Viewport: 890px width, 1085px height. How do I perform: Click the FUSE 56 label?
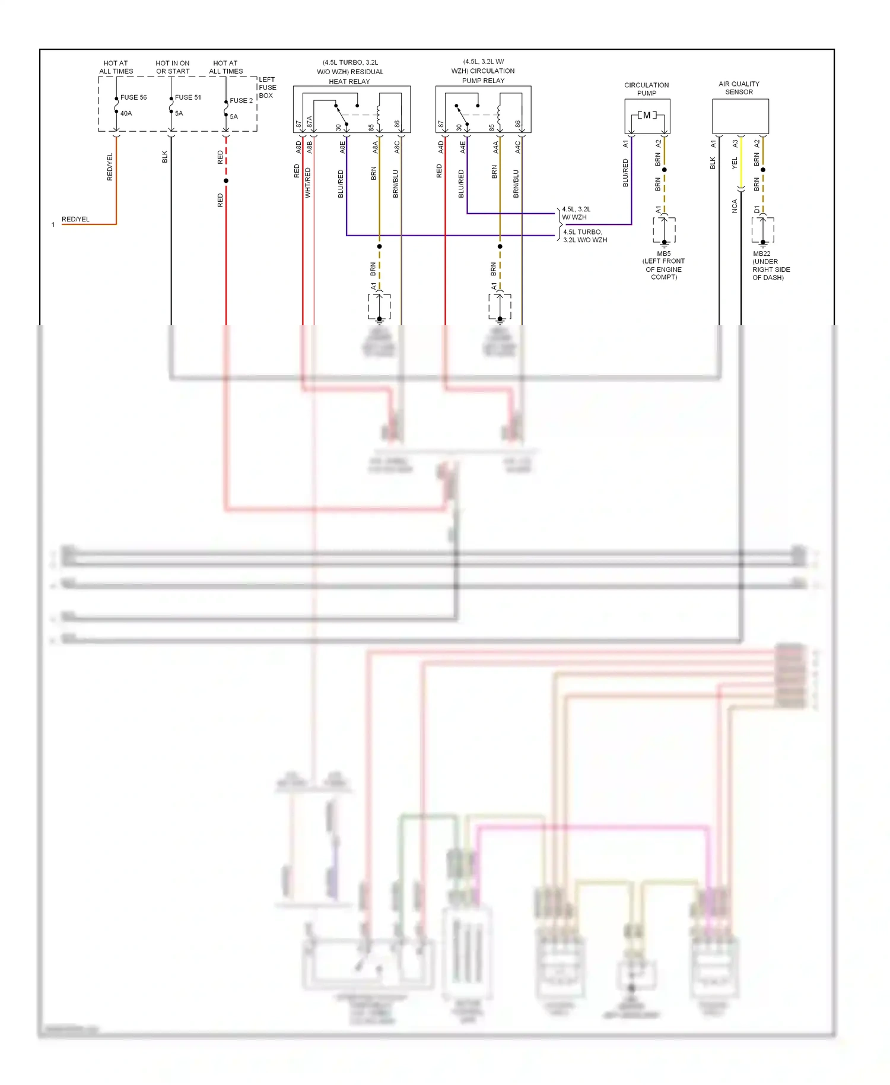(133, 97)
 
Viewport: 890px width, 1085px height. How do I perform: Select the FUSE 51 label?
(188, 97)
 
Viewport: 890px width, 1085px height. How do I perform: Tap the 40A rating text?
(126, 113)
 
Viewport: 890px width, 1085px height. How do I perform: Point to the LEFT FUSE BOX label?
(267, 87)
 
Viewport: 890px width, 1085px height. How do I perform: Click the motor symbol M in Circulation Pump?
(647, 115)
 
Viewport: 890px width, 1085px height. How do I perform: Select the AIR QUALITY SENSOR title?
(739, 88)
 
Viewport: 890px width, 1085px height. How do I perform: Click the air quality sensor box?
(740, 116)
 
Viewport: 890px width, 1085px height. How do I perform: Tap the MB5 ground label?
(663, 253)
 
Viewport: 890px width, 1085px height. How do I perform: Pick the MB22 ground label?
(761, 253)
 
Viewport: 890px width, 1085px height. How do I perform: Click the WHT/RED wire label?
(308, 182)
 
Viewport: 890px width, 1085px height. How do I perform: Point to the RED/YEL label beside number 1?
(76, 219)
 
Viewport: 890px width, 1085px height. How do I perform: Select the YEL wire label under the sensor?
(735, 163)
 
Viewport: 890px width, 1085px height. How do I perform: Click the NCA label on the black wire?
(735, 206)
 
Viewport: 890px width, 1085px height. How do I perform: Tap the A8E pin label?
(342, 147)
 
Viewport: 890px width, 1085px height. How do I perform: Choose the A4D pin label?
(441, 147)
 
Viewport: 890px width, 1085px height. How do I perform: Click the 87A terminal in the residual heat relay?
(309, 122)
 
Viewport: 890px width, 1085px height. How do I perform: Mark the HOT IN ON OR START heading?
(173, 67)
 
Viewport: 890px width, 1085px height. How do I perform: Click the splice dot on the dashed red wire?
(226, 180)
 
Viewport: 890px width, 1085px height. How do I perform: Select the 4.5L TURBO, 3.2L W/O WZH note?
(584, 236)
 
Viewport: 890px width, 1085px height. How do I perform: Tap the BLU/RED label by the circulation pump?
(625, 173)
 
